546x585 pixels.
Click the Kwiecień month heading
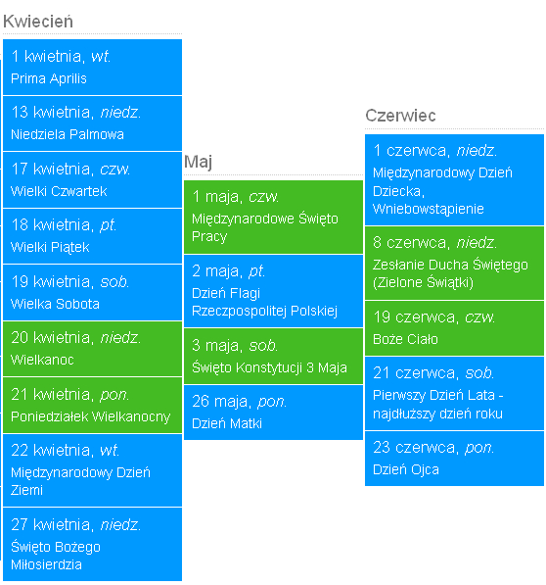(38, 22)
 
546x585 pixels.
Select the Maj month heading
(198, 163)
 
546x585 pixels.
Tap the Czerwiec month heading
(400, 116)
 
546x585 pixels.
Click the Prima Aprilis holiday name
(49, 78)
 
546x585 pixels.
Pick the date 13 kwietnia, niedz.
(76, 113)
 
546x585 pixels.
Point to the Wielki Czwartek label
(59, 191)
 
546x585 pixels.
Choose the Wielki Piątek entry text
(50, 247)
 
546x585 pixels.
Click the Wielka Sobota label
(55, 304)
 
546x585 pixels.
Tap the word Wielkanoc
(42, 360)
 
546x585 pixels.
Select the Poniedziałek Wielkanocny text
(90, 416)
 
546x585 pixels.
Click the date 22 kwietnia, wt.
(66, 451)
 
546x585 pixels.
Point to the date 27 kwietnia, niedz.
(76, 525)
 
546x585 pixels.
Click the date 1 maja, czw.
(236, 197)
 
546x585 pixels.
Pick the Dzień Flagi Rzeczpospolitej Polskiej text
(265, 302)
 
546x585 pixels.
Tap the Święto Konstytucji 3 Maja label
(269, 367)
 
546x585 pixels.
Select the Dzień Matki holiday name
(227, 424)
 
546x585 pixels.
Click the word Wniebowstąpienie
(429, 210)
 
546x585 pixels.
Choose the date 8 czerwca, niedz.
(435, 243)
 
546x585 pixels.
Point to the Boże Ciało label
(405, 339)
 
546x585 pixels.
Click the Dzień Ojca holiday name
(406, 469)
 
